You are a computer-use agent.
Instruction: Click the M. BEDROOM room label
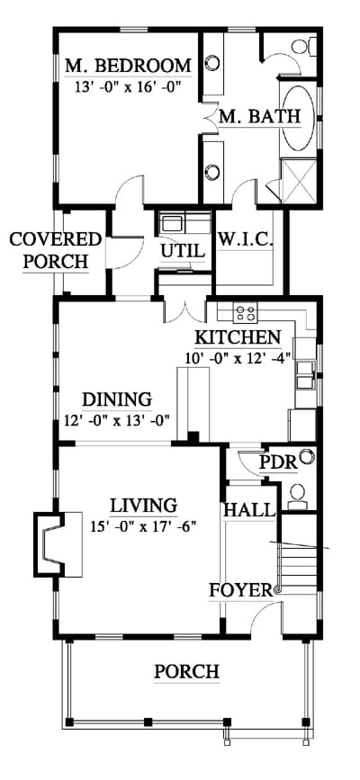(129, 66)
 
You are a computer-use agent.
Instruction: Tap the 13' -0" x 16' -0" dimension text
(128, 87)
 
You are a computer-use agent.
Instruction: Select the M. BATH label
(260, 116)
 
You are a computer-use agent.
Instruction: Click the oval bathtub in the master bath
(299, 117)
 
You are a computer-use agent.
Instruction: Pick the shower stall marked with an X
(300, 180)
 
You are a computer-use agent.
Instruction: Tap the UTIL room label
(183, 252)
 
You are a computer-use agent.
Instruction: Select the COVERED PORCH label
(56, 250)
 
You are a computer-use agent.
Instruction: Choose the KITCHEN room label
(238, 337)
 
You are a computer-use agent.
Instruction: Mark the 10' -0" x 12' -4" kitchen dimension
(238, 358)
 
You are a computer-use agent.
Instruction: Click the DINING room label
(117, 399)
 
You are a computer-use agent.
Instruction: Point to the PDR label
(278, 463)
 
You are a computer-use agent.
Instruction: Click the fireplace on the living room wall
(58, 544)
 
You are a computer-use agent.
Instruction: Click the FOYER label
(241, 590)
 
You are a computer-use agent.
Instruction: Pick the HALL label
(249, 509)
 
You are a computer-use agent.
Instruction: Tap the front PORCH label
(186, 671)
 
